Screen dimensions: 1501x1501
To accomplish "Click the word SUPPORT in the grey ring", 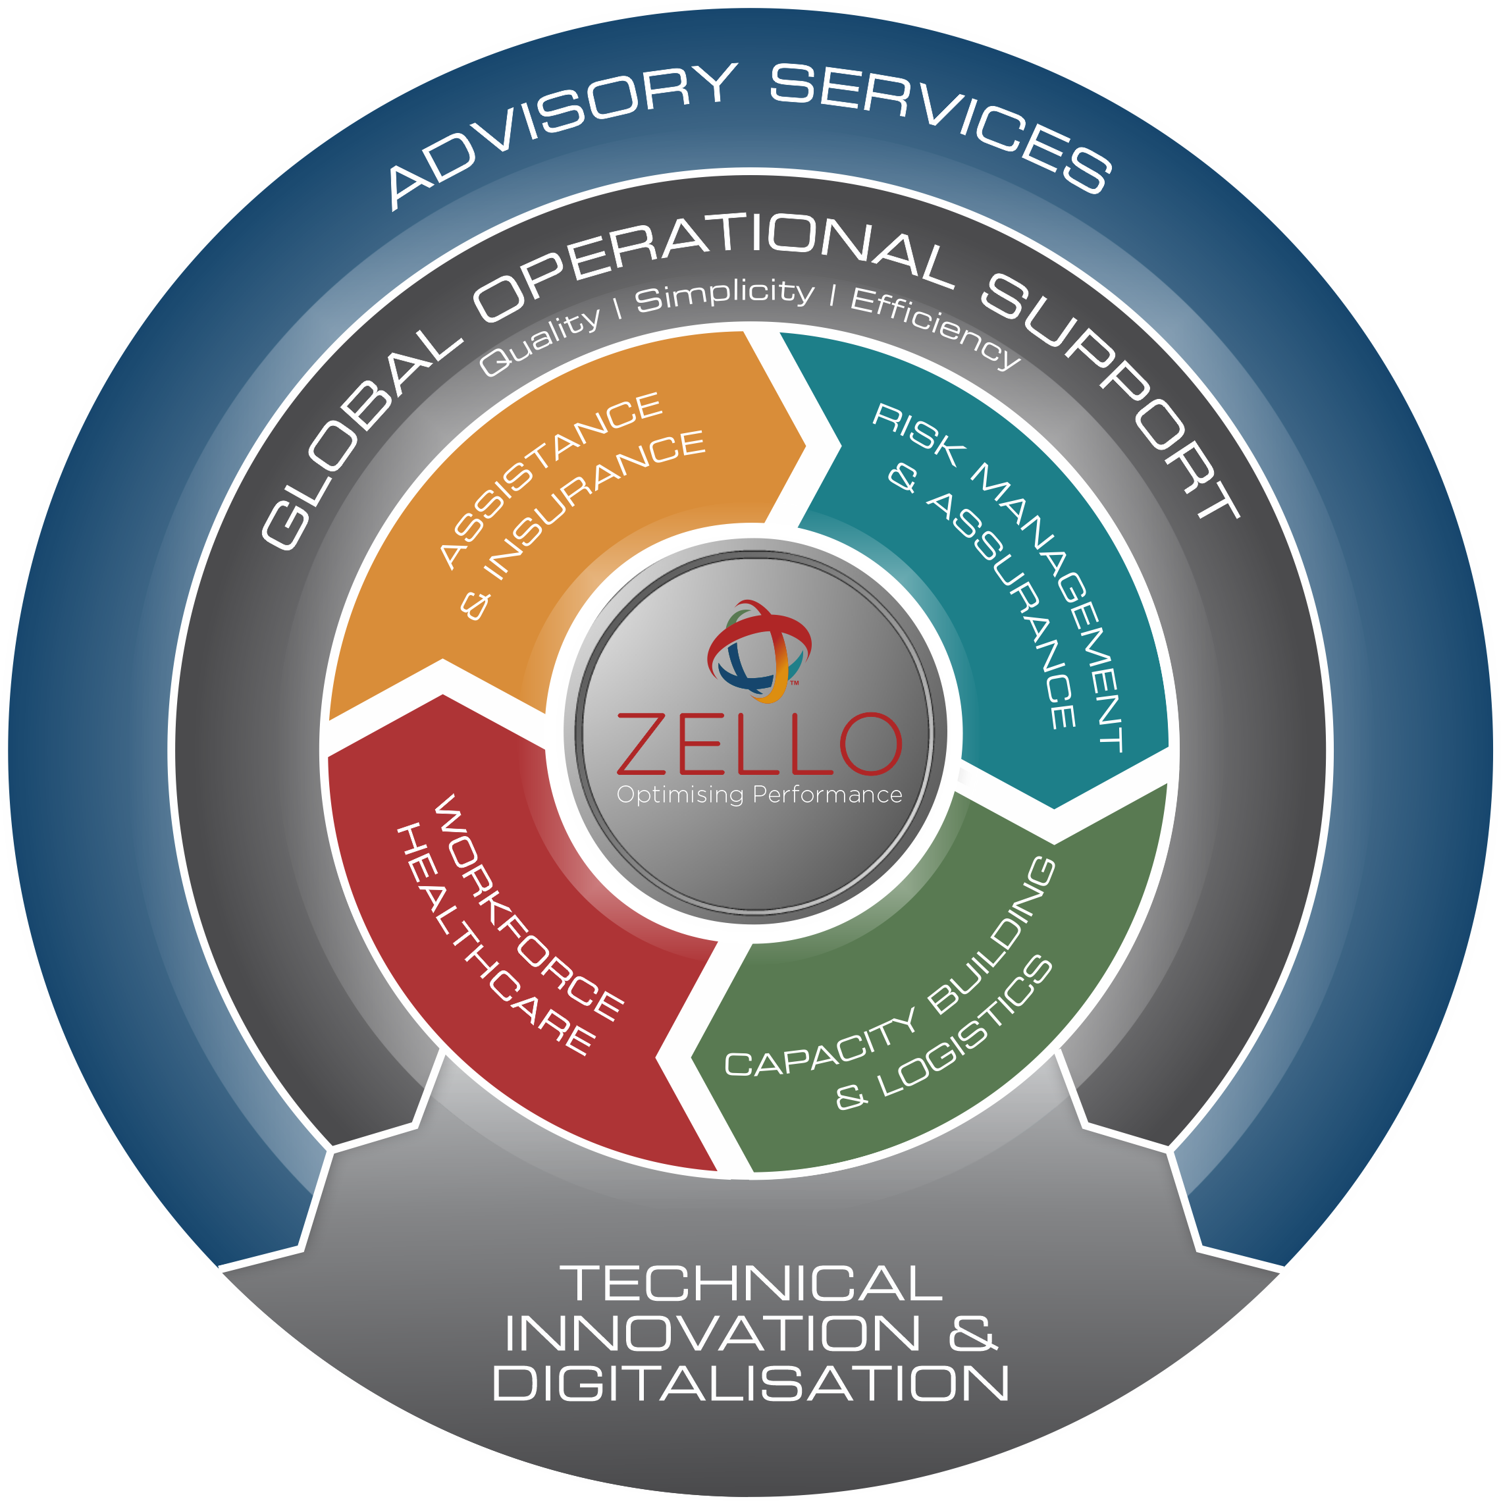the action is click(x=1111, y=388).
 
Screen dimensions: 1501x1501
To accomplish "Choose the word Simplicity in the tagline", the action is click(x=725, y=295).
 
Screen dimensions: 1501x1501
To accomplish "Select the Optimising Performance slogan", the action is click(x=759, y=795).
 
